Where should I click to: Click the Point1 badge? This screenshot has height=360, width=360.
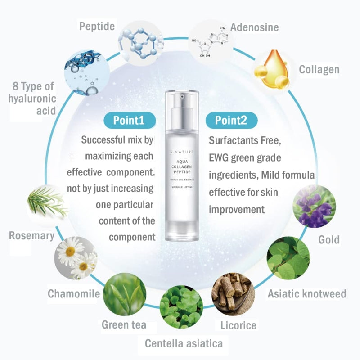(x=130, y=120)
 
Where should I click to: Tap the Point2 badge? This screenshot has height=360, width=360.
(x=231, y=120)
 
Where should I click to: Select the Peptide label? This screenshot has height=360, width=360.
(x=97, y=27)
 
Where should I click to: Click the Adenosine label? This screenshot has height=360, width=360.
(x=254, y=27)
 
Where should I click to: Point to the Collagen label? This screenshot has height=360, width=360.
(x=319, y=70)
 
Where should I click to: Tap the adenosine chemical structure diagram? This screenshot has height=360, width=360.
(x=210, y=42)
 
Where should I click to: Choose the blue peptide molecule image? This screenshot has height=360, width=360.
(x=140, y=43)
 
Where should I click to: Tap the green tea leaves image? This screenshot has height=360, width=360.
(x=125, y=294)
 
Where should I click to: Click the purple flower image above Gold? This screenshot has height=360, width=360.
(x=314, y=206)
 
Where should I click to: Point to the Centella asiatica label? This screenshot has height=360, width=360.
(x=184, y=344)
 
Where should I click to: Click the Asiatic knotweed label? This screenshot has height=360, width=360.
(x=307, y=294)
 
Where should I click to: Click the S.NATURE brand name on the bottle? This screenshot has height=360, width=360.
(x=182, y=152)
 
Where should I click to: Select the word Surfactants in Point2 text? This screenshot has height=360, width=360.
(x=234, y=140)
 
